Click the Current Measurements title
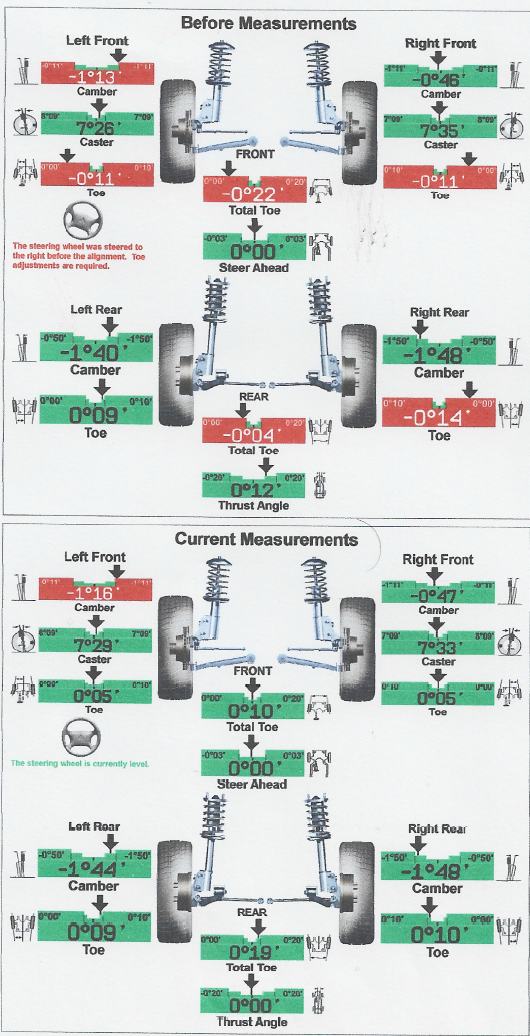point(266,539)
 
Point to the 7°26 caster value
point(95,128)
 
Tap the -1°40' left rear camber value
point(95,354)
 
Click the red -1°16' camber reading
point(95,592)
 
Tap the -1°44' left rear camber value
point(95,870)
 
